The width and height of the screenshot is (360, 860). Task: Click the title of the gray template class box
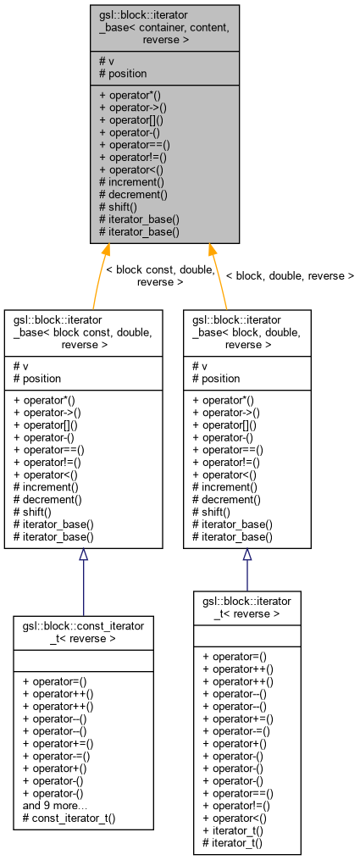[x=165, y=28]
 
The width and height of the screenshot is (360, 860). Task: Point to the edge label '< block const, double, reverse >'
[x=149, y=275]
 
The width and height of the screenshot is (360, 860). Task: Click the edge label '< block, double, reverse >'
[x=289, y=275]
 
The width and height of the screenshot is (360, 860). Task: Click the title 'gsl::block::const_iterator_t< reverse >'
[x=83, y=631]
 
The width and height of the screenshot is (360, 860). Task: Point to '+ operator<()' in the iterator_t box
[x=233, y=818]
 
